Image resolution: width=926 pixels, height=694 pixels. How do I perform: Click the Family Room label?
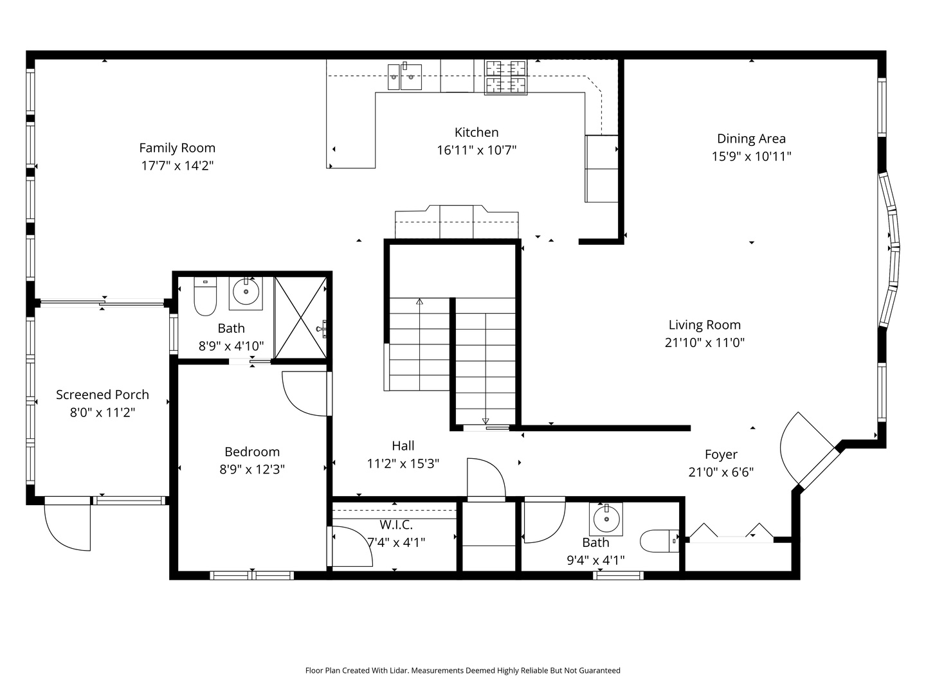[177, 148]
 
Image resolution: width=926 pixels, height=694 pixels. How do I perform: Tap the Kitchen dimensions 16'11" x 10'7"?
[477, 150]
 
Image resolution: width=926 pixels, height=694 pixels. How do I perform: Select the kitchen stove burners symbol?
[505, 76]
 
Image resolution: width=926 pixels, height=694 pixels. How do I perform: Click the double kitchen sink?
[404, 77]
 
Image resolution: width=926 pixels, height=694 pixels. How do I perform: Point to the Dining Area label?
[751, 138]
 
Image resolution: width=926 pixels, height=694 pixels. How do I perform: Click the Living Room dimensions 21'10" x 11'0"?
[704, 343]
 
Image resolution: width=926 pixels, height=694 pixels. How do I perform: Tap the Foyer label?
[721, 454]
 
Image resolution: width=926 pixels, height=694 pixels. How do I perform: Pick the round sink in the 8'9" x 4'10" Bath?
[246, 292]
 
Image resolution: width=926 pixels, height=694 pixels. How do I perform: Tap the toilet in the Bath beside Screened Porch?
[205, 298]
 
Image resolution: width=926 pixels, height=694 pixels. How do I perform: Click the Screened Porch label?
[102, 395]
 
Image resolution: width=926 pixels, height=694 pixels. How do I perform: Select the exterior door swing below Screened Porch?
[67, 526]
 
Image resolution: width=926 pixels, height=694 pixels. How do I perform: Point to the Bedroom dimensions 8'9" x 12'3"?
[252, 469]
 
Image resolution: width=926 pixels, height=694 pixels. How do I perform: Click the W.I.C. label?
[396, 525]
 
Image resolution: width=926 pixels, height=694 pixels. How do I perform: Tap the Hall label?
[403, 445]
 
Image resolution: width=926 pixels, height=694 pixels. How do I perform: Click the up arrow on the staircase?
[420, 301]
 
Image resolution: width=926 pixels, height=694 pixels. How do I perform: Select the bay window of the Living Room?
[891, 247]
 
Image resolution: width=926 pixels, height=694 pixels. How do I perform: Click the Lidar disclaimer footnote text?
[462, 670]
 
